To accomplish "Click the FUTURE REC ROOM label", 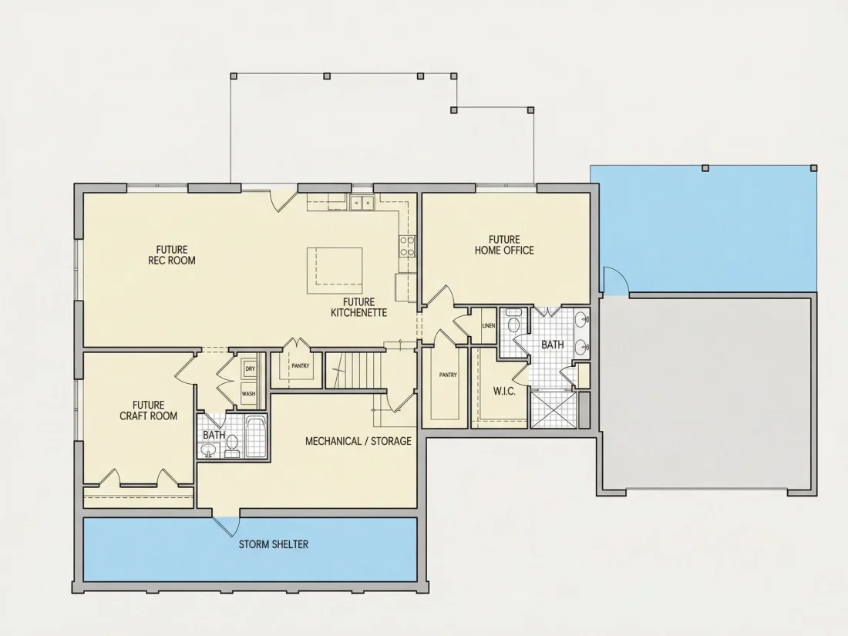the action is (172, 254).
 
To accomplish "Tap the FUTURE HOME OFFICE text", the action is (504, 245).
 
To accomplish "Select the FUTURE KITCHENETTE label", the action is (358, 307).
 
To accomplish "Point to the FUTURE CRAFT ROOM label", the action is (148, 410).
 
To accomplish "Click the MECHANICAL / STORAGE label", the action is (358, 441).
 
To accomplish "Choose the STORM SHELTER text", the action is (274, 544).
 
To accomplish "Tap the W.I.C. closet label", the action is (504, 391).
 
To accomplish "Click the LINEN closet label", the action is (488, 325).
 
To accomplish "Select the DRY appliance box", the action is (250, 368).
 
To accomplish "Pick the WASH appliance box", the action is (249, 394).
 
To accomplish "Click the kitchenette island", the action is (335, 271).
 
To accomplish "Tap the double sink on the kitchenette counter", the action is (362, 203).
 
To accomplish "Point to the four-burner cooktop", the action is (407, 246).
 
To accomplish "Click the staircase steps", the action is (356, 370).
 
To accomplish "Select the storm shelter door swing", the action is (227, 526).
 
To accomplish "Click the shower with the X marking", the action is (554, 409).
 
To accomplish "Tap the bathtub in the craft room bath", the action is (256, 437).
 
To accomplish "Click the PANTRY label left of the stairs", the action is (301, 366).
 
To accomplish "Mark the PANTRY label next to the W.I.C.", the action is (448, 375).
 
